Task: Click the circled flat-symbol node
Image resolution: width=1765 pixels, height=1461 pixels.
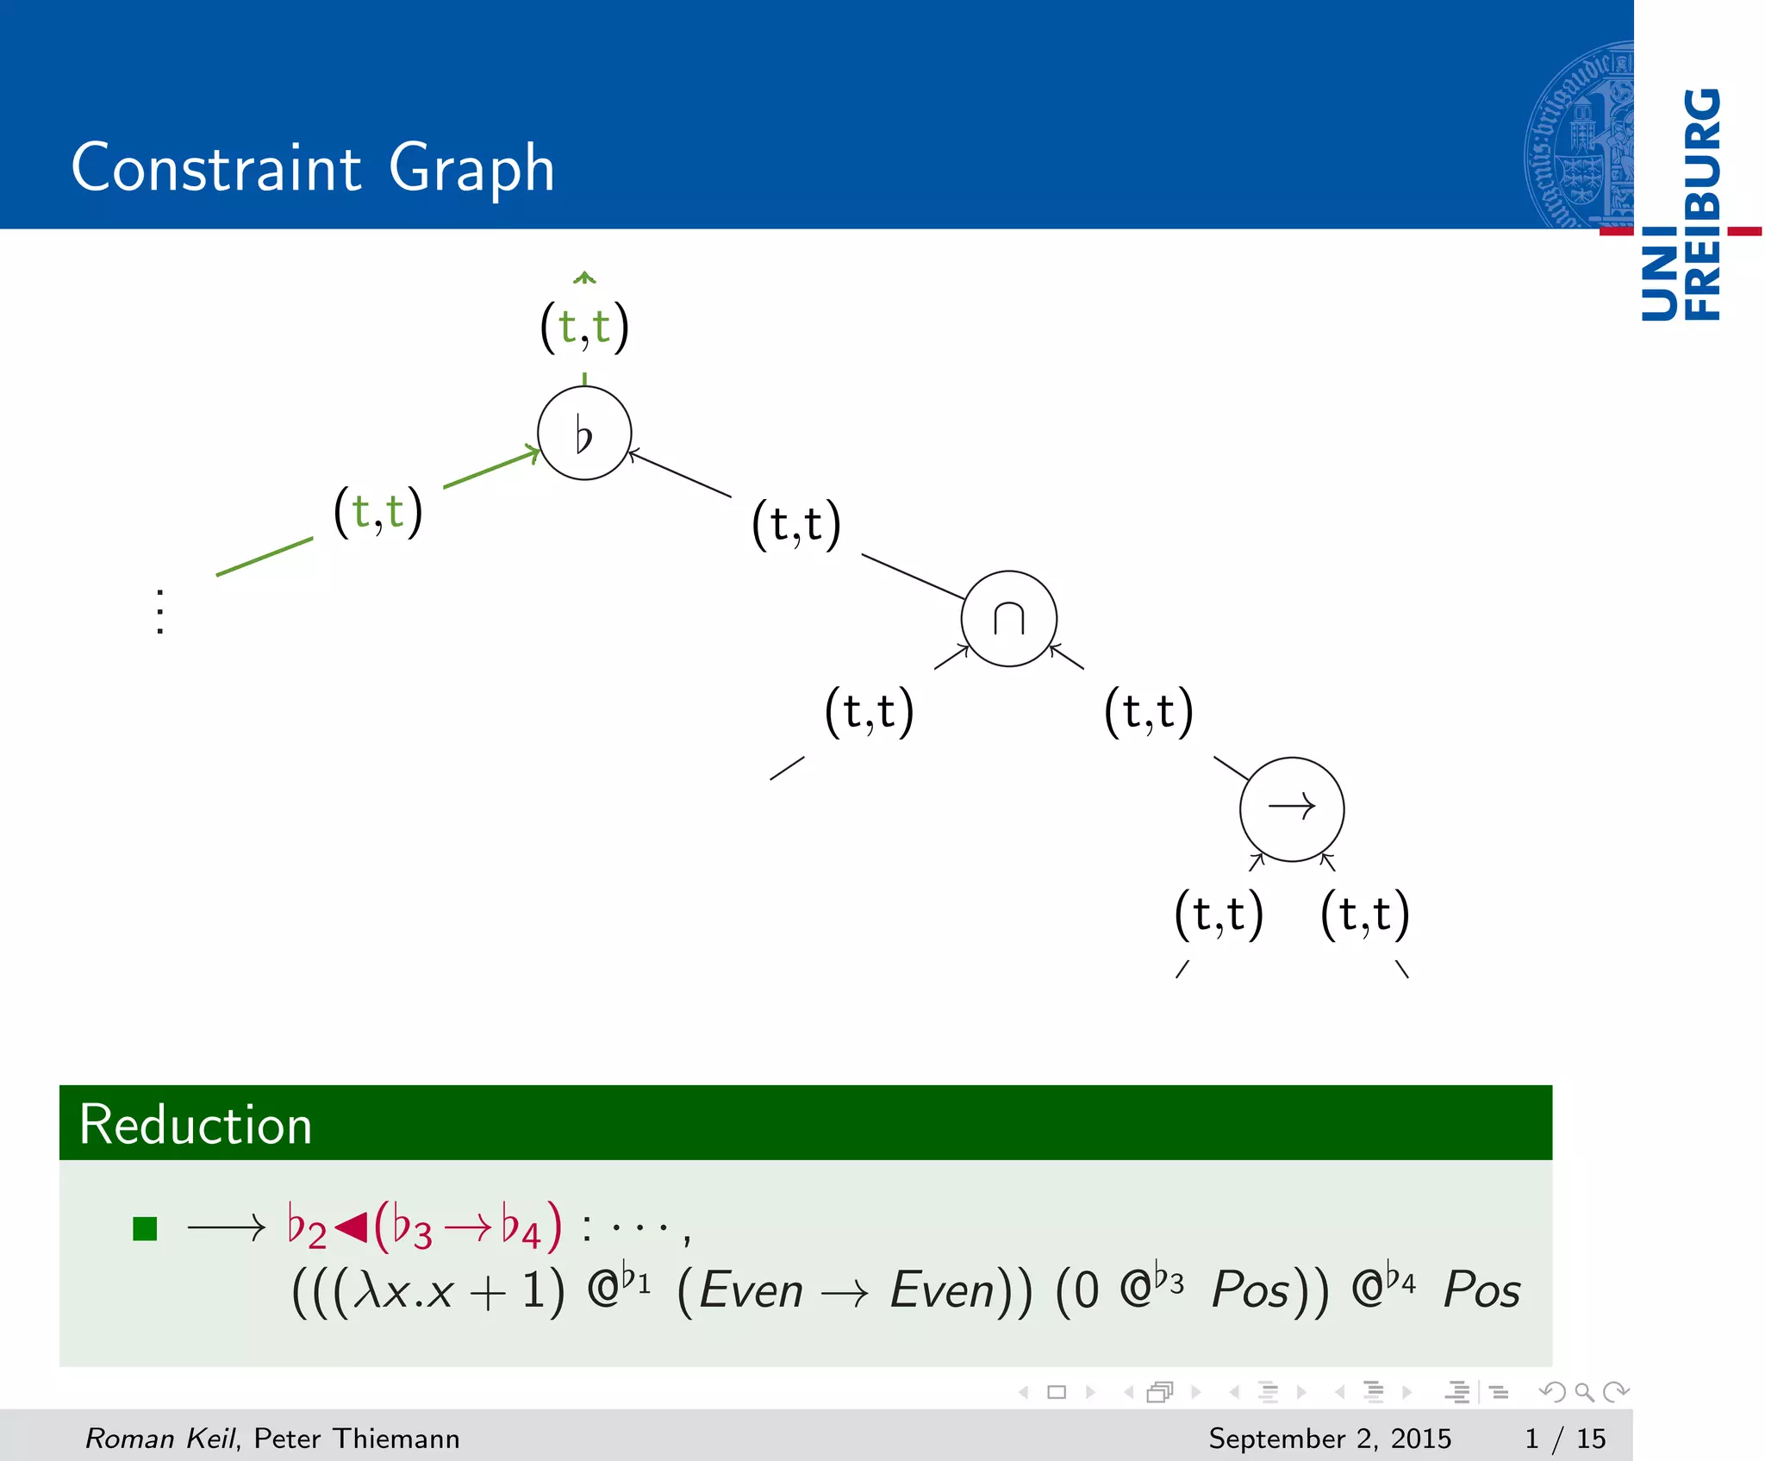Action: click(584, 433)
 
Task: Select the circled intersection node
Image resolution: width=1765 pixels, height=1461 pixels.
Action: click(1008, 618)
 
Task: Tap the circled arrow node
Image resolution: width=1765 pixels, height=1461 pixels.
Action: click(1291, 809)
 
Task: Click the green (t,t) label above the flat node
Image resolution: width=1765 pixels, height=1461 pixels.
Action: click(584, 327)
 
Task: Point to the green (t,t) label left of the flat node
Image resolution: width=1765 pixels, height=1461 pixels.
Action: click(377, 511)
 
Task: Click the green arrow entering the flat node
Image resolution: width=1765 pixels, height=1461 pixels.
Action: click(491, 469)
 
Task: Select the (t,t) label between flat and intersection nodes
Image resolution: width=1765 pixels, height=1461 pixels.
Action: click(795, 524)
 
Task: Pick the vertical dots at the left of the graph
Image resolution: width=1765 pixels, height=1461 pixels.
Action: click(160, 612)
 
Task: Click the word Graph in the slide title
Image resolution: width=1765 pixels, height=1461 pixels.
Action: click(471, 168)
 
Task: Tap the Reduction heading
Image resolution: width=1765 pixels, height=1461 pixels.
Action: click(196, 1125)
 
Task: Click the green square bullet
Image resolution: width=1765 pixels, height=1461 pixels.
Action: click(145, 1228)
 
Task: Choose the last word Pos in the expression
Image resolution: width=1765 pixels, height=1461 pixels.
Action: click(1481, 1290)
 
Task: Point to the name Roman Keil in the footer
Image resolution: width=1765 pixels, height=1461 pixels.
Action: click(159, 1438)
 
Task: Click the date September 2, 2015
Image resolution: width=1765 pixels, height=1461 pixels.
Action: click(1329, 1438)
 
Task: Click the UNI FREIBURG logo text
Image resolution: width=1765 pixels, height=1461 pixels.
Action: click(1681, 204)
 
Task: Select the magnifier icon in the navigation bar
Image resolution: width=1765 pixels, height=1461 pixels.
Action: click(1584, 1392)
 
